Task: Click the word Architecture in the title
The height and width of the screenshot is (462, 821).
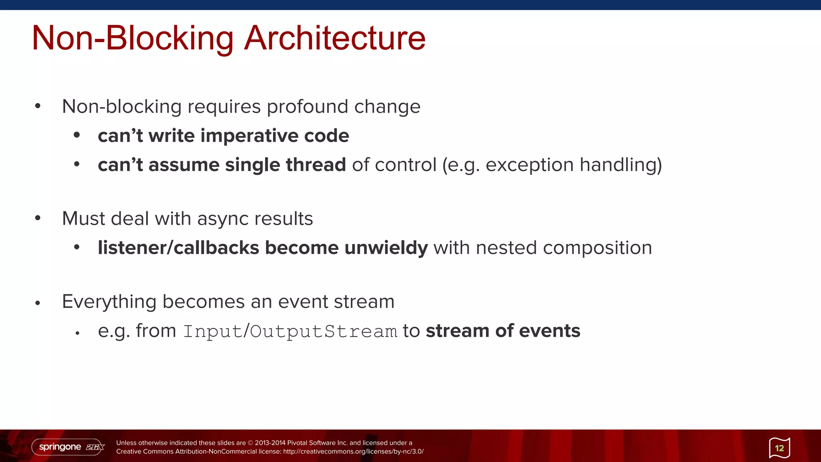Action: click(x=335, y=38)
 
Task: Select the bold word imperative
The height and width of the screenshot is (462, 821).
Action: click(x=249, y=136)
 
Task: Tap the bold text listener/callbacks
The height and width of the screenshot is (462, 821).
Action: click(x=178, y=248)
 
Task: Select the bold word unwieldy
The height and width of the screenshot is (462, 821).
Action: click(x=386, y=248)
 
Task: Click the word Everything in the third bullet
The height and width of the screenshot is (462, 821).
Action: click(x=109, y=302)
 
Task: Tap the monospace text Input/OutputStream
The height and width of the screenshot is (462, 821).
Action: click(x=290, y=332)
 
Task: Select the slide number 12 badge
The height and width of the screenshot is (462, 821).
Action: click(x=779, y=448)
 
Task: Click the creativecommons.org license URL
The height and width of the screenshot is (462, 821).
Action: click(x=353, y=452)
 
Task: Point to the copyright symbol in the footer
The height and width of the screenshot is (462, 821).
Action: click(x=251, y=443)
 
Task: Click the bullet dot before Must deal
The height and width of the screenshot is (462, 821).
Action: click(x=38, y=218)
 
